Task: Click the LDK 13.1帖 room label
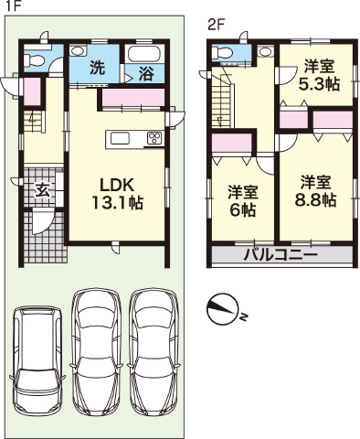[x=118, y=194]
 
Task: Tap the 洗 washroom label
[x=97, y=68]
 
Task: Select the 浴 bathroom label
[x=146, y=73]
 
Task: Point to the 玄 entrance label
[x=42, y=190]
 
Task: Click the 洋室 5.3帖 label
[x=319, y=75]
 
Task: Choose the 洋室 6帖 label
[x=243, y=200]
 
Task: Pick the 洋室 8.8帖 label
[x=315, y=191]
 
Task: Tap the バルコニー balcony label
[x=281, y=254]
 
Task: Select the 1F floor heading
[x=13, y=6]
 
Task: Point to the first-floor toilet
[x=34, y=60]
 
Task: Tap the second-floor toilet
[x=221, y=53]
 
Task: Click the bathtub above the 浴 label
[x=144, y=55]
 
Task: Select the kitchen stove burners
[x=155, y=138]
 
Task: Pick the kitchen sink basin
[x=120, y=139]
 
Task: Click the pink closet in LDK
[x=133, y=98]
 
